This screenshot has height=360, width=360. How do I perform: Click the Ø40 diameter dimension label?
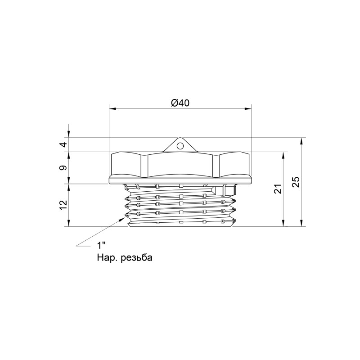[180, 103]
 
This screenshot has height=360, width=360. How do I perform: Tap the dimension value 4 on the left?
[63, 144]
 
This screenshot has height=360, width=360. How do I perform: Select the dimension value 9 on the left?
[63, 168]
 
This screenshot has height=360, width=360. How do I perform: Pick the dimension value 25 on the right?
[295, 182]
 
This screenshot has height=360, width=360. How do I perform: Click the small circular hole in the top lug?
[180, 146]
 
